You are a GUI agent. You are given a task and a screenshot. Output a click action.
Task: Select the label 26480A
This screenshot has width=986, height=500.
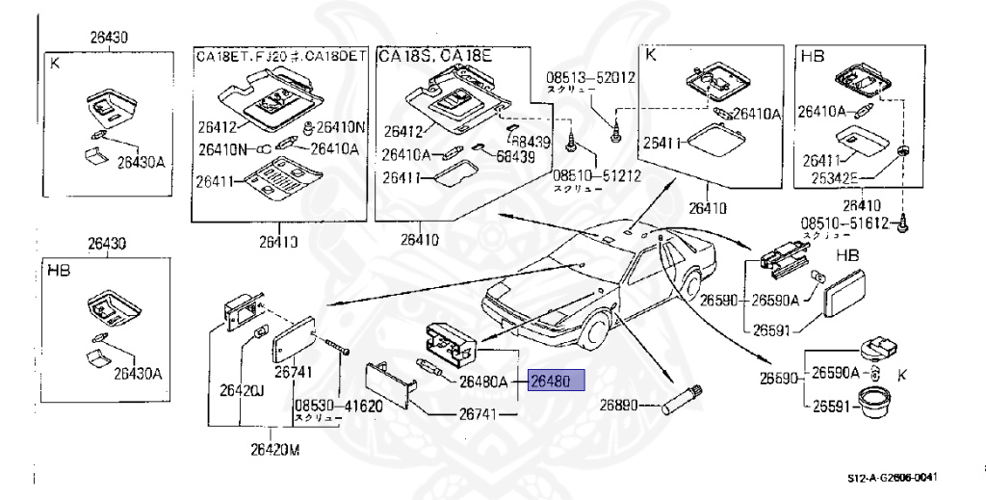pos(483,382)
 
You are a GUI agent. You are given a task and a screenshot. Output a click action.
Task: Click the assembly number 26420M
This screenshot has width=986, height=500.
pos(274,448)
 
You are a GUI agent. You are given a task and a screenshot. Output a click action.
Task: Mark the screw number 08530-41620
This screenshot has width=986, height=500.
pos(338,407)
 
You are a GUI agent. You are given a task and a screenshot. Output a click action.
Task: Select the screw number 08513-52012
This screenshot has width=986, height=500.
pos(591,76)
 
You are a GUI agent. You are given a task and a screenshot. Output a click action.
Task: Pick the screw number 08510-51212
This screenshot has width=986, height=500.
pos(584,176)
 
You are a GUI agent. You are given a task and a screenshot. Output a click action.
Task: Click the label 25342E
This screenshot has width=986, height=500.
pos(835,179)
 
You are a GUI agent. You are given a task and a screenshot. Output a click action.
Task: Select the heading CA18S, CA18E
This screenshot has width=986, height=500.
pos(434,57)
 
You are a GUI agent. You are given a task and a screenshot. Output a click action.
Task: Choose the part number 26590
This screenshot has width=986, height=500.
pos(722,300)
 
